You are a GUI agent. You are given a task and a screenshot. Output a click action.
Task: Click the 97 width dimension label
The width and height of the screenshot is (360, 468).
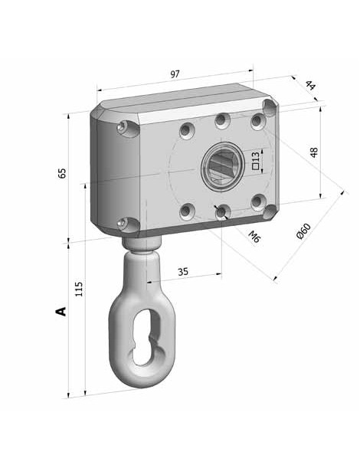click(175, 74)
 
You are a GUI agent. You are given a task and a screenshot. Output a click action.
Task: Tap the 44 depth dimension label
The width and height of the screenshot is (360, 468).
click(310, 85)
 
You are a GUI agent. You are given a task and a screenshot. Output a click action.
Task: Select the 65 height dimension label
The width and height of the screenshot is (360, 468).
click(62, 173)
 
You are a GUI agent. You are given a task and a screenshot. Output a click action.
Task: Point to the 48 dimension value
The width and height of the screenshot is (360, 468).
click(314, 152)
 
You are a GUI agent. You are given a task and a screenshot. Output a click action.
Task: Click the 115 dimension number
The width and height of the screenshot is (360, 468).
click(78, 289)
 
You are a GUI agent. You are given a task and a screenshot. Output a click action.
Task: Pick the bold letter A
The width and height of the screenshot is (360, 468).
click(61, 311)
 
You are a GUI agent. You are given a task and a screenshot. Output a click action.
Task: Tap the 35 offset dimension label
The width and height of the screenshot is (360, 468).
click(183, 272)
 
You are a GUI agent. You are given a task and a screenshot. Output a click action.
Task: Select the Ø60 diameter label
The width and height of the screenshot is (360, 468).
click(303, 231)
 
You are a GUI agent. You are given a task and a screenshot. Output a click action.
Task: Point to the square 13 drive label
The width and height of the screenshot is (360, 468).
click(256, 161)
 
